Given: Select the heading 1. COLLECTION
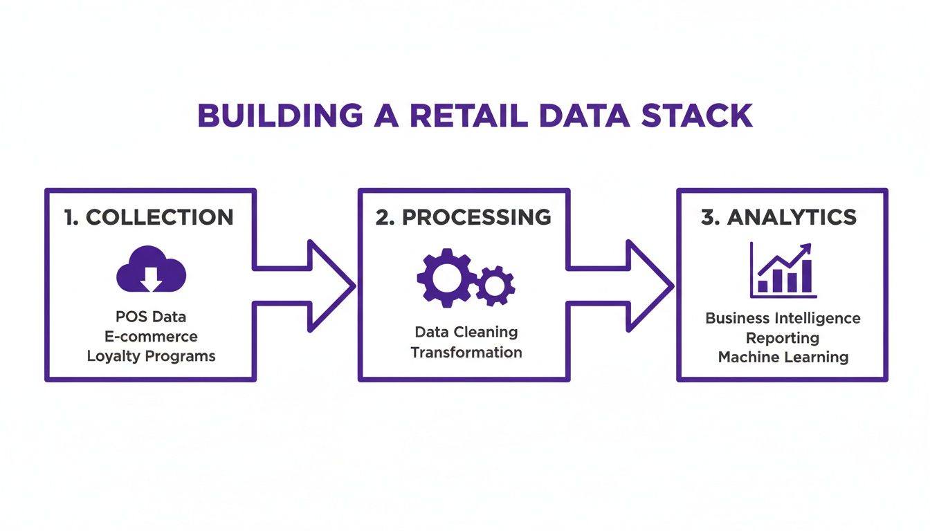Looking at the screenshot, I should (149, 217).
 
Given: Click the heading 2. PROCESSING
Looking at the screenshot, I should (464, 217).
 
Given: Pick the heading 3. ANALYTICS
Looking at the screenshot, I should (779, 217).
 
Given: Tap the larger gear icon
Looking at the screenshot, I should (445, 277).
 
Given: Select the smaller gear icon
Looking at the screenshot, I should (495, 285).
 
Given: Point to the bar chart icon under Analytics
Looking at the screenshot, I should (783, 270).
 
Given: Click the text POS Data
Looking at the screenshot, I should (151, 317).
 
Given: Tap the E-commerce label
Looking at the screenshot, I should (151, 337).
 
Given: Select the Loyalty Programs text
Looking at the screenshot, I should (151, 357).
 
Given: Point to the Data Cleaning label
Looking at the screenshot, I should (466, 332).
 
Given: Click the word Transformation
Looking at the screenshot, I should (466, 353).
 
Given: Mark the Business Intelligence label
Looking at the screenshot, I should (783, 319).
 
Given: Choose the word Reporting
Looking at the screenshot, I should (783, 338).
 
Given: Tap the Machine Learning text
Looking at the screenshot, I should (783, 357).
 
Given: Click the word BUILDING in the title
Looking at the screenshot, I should (280, 115).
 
